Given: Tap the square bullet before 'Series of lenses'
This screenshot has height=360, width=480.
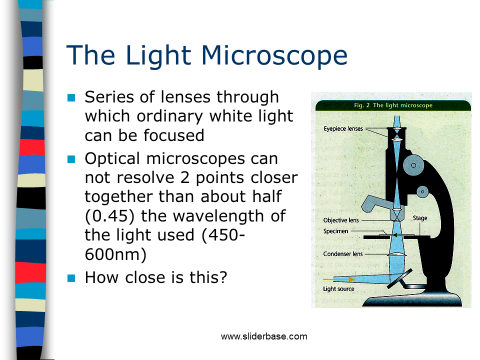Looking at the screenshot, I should point(71,98).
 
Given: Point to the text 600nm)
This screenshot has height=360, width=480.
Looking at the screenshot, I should point(115,254).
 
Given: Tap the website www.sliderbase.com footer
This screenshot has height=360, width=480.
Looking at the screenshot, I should point(264,336).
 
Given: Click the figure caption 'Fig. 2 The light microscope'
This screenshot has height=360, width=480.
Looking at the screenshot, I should point(393,105).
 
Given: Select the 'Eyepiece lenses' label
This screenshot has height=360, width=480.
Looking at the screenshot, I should point(343,129).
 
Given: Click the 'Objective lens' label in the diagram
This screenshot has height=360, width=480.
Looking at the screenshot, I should point(341,220).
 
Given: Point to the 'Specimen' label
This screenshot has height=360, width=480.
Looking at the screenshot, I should point(335,231).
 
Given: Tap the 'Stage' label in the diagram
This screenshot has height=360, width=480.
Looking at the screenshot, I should point(420,218).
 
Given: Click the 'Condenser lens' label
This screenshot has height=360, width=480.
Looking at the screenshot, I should point(343,254).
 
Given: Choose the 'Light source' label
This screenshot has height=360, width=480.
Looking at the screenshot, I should point(338,289).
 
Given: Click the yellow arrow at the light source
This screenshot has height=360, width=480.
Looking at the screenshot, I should point(340,279).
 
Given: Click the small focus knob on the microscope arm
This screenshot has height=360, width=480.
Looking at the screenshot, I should point(423,191).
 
